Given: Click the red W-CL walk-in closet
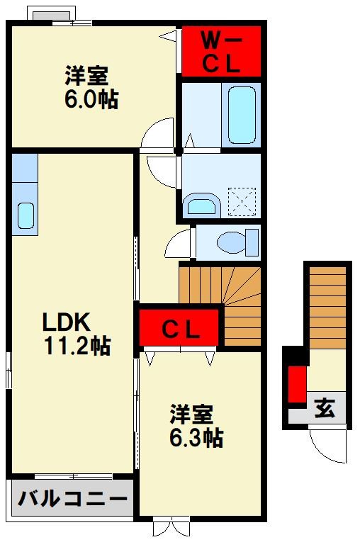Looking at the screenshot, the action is coord(222,51).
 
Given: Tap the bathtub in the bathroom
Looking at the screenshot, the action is coord(242,115).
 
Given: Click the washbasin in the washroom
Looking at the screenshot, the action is coord(202,205).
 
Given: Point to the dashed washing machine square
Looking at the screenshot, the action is coord(242,202).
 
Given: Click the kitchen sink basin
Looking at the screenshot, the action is coord(26,216).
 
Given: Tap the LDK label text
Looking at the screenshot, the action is coord(67,322).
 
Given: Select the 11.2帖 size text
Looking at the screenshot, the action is coord(77,346).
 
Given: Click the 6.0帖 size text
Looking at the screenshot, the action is coord(91,99).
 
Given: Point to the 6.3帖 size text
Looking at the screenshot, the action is coord(196,438).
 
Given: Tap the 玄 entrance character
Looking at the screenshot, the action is coord(325,407).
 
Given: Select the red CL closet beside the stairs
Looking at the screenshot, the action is coord(180,328).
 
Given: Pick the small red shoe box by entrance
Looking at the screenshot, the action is coord(297,384).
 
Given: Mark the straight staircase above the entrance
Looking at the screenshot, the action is coord(328,308).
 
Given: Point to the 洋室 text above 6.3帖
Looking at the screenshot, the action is coord(191,414).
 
